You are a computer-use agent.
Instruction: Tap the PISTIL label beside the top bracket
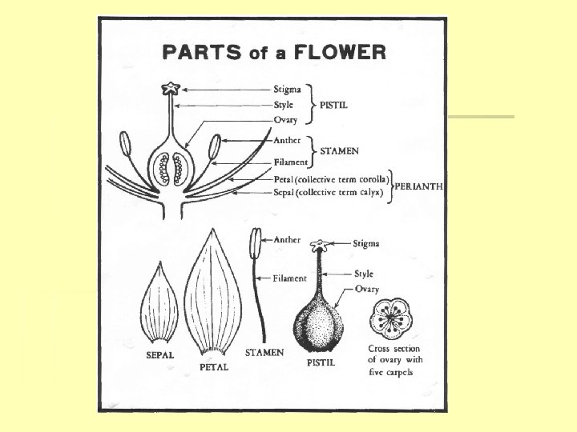point(337,104)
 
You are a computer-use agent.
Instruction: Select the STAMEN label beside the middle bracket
point(340,150)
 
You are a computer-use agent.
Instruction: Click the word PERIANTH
point(419,186)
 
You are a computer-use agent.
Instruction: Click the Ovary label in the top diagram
point(285,120)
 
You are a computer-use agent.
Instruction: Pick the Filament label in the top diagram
point(290,162)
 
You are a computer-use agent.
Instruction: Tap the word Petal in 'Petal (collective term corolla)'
point(283,178)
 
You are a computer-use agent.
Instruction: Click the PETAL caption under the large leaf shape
point(214,367)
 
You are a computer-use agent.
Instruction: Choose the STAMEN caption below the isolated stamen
point(264,352)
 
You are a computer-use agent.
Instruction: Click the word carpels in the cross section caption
point(397,372)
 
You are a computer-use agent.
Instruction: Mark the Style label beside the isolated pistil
point(364,274)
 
